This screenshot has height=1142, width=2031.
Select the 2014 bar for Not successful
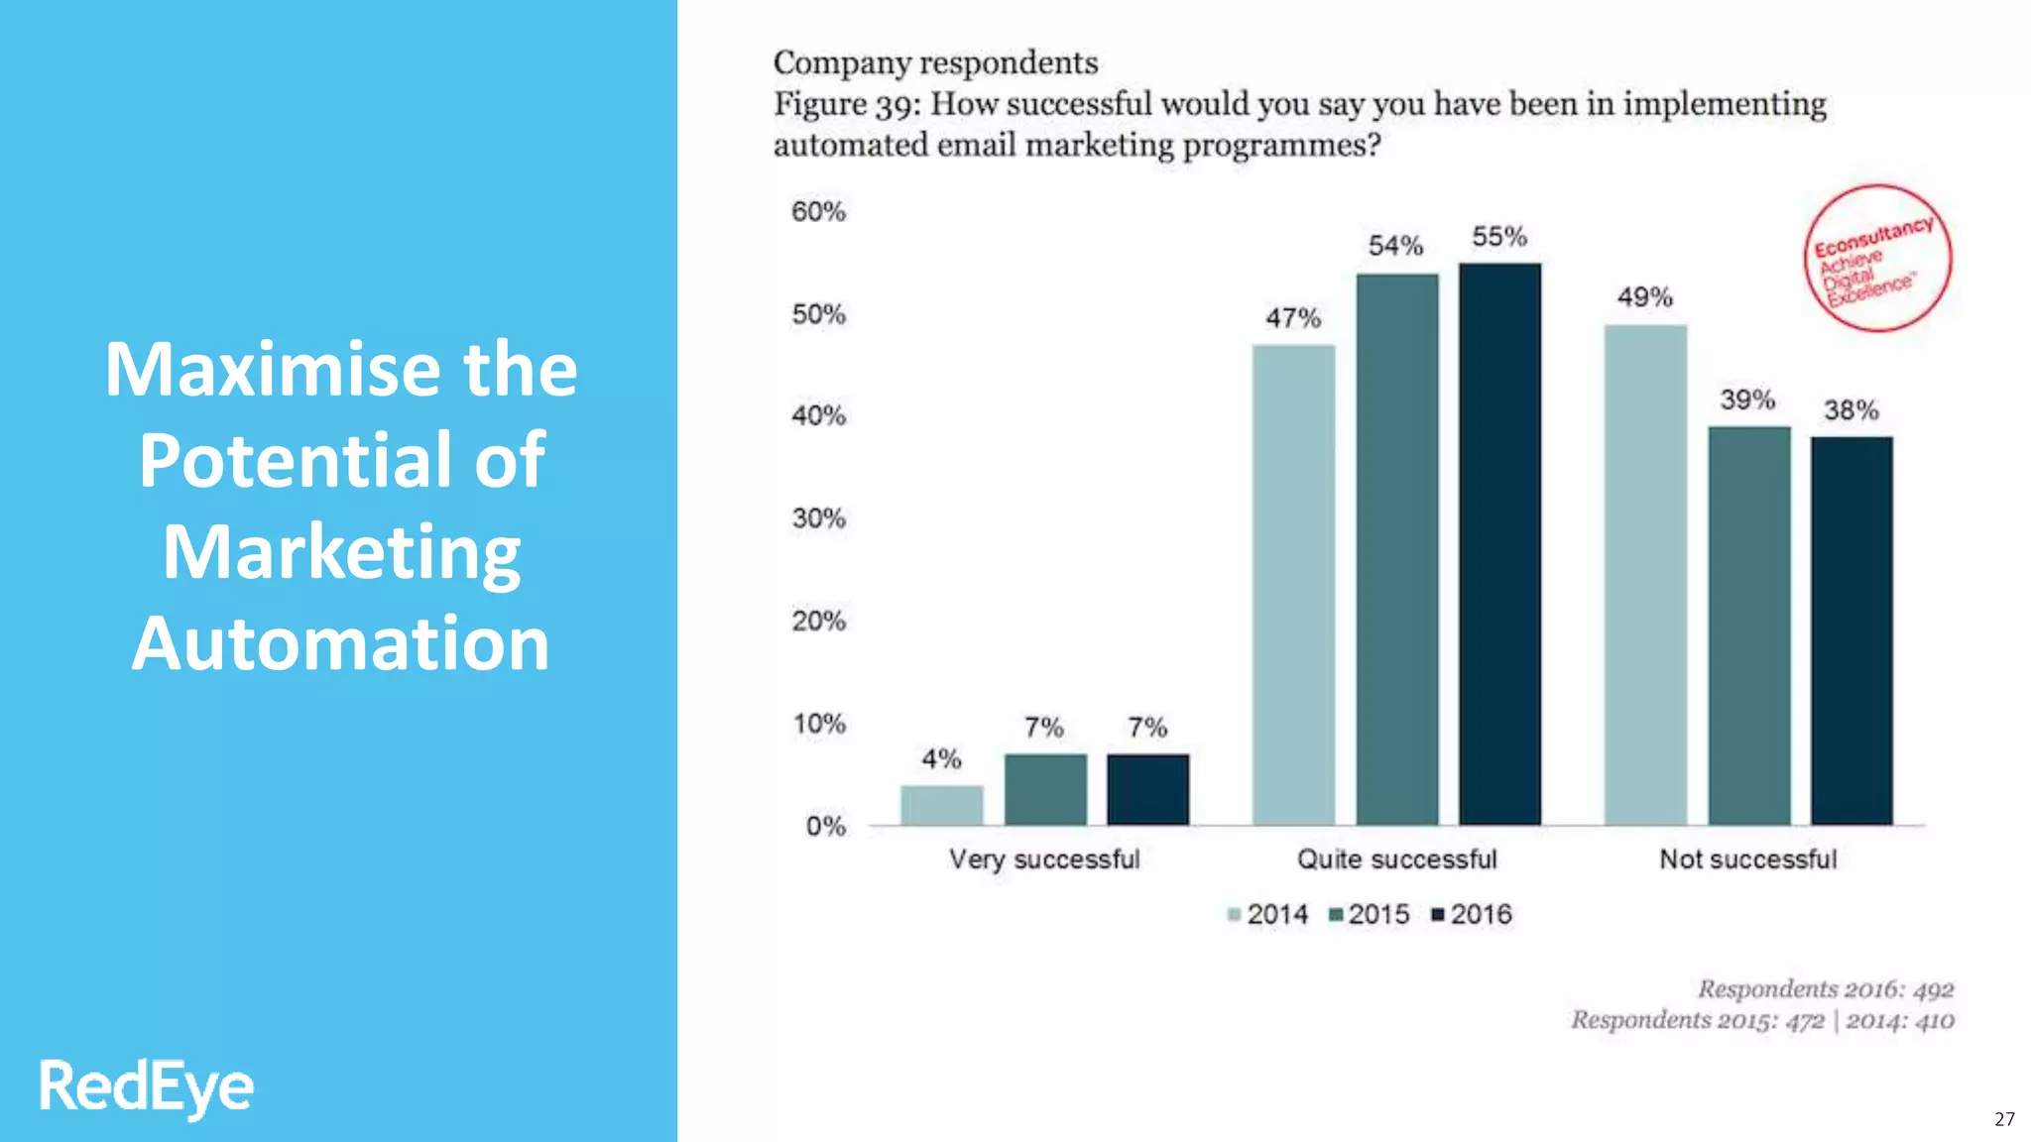(1645, 575)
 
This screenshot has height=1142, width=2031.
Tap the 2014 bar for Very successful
(941, 805)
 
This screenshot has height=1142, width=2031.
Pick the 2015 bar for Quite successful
(1396, 549)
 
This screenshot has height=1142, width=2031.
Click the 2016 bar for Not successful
(1851, 630)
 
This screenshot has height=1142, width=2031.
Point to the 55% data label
(1498, 237)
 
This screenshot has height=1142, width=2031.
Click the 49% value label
(1644, 297)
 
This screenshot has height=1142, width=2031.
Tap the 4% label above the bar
(941, 759)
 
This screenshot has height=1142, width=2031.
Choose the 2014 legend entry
(1267, 914)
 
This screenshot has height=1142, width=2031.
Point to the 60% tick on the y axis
(818, 211)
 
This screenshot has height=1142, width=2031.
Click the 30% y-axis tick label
(818, 518)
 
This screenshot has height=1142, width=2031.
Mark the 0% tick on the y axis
(824, 826)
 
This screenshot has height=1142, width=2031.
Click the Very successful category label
(1043, 859)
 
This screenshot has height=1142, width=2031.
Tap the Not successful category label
(1747, 859)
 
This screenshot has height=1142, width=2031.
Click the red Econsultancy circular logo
(1876, 259)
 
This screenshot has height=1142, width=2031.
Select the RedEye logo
(146, 1086)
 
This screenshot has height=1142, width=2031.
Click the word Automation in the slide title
(340, 643)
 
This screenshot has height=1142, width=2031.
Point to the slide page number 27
(2004, 1119)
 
